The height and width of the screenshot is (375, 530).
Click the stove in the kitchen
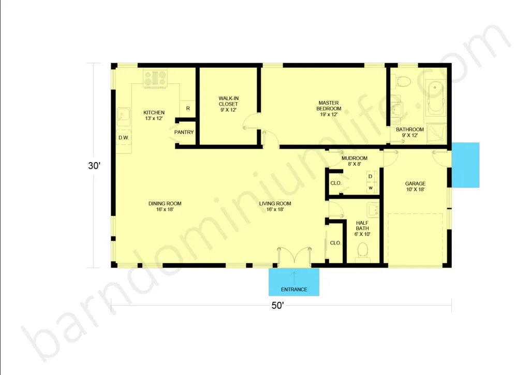pos(155,78)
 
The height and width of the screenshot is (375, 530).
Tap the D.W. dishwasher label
pos(124,138)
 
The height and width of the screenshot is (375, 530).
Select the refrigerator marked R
pos(187,109)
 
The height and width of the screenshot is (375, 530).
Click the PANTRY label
pos(184,132)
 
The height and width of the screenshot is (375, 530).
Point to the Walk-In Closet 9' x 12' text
pos(228,104)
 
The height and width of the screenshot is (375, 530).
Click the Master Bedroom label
pos(329,106)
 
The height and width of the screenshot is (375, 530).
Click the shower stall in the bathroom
pos(436,133)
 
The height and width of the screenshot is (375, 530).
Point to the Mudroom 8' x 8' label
pos(354,161)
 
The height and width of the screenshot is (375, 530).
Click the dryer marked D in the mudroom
pos(371,177)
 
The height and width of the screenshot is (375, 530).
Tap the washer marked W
pos(371,187)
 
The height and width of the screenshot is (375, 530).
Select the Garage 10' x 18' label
pos(415,186)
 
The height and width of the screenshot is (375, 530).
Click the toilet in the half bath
pos(363,252)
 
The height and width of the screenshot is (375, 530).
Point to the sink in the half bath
pos(373,209)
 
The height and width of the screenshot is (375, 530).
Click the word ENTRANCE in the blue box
pos(294,290)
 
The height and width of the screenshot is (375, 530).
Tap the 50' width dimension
pos(277,306)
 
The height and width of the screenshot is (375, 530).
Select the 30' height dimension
pos(94,166)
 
